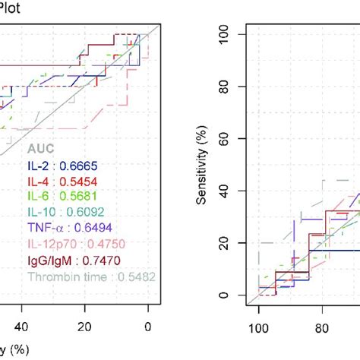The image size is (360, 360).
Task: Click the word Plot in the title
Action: point(13,8)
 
